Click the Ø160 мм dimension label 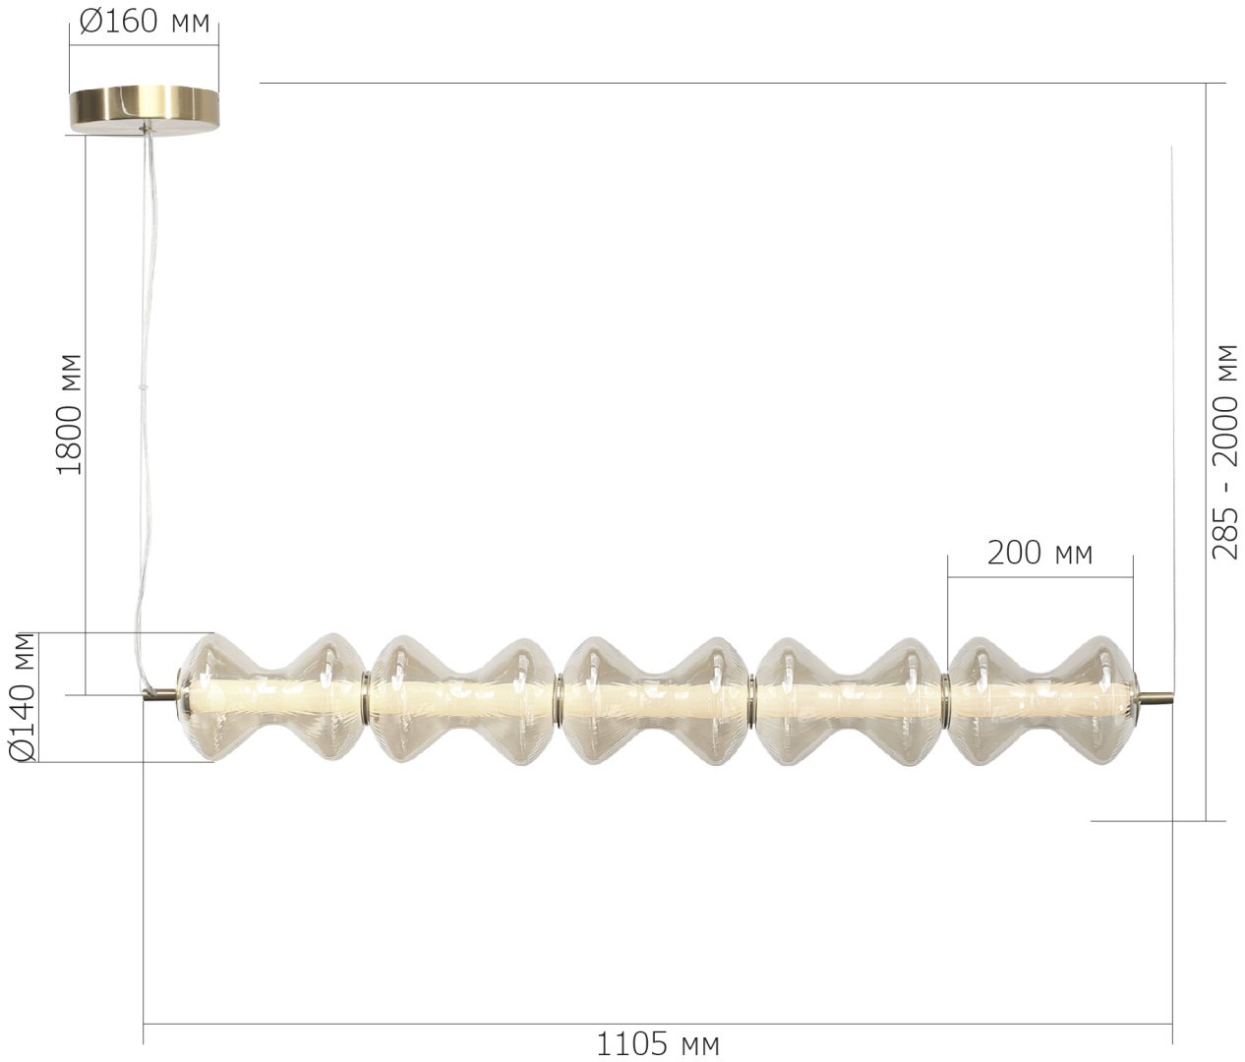pyautogui.click(x=145, y=22)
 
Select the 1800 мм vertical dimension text pyautogui.click(x=69, y=414)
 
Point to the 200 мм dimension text pyautogui.click(x=1039, y=553)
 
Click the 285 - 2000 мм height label pyautogui.click(x=1224, y=451)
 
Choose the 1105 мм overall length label pyautogui.click(x=658, y=1044)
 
